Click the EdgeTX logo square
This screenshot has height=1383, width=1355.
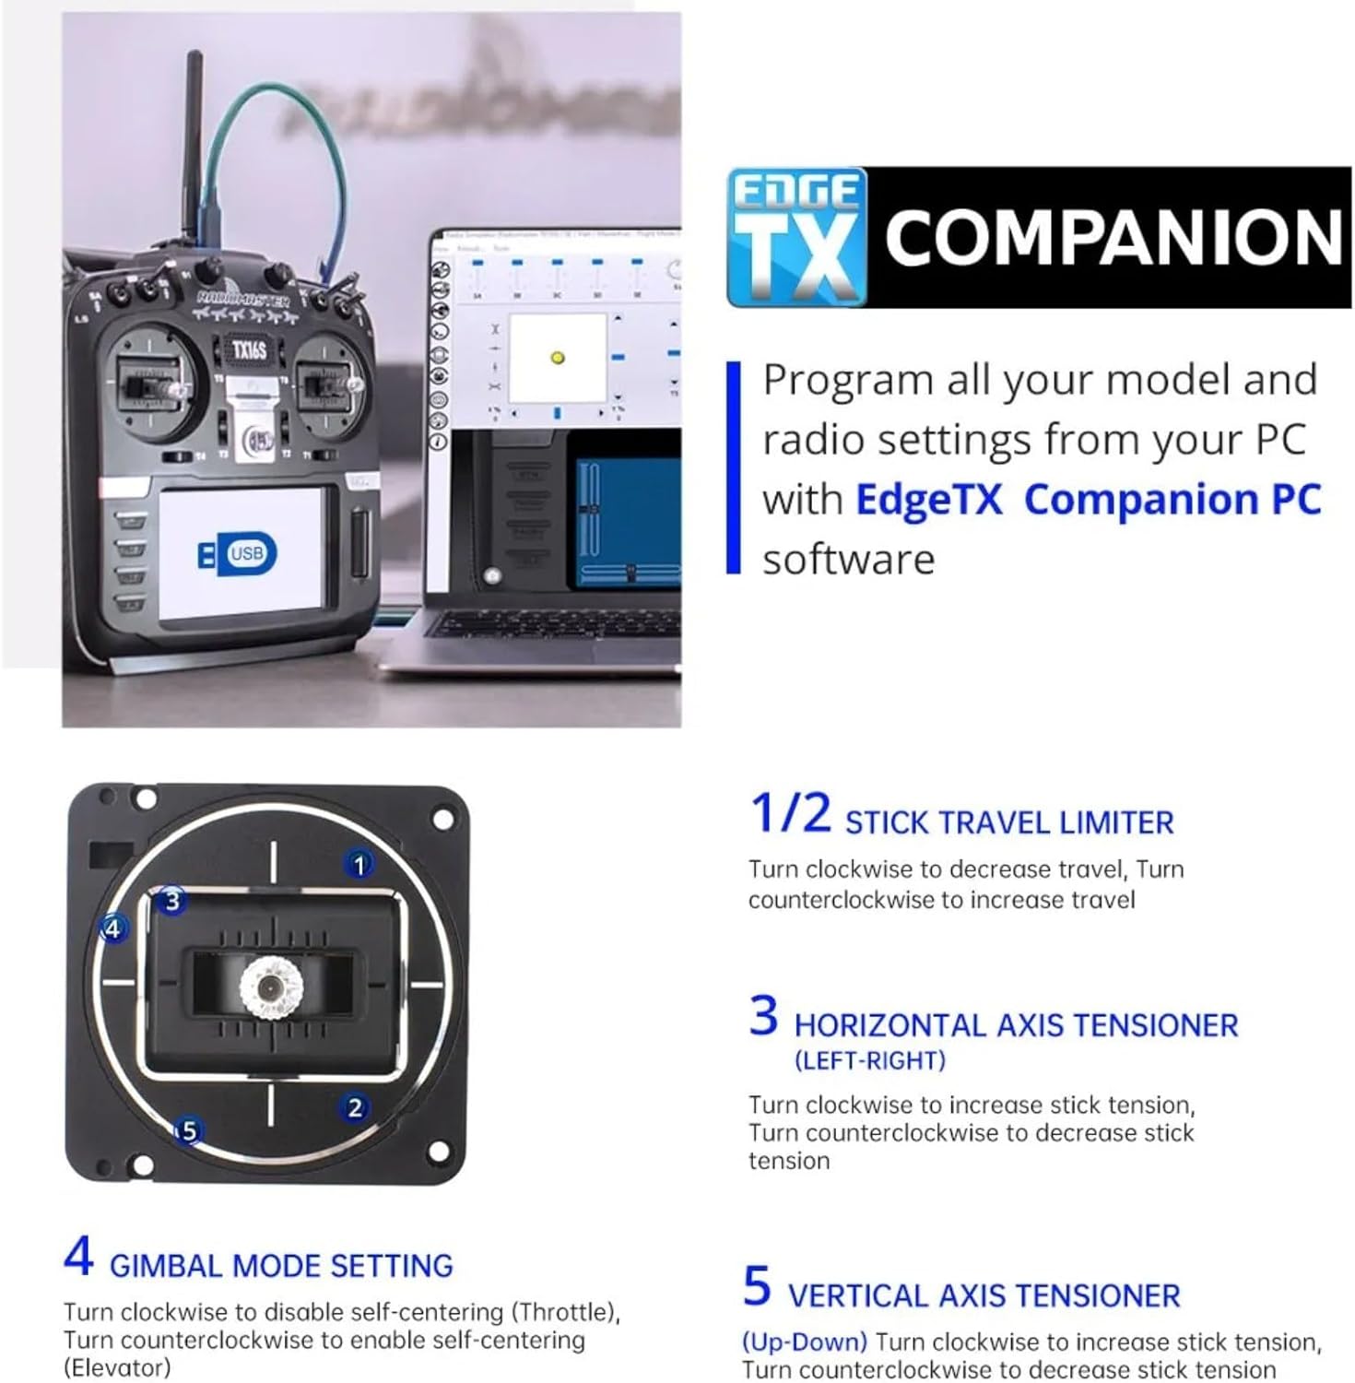tap(797, 237)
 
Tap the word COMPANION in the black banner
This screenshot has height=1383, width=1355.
tap(1113, 238)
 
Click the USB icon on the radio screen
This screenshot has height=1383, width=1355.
tap(238, 553)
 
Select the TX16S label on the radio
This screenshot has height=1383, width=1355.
tap(249, 350)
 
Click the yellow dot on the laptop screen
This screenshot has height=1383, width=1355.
tap(557, 358)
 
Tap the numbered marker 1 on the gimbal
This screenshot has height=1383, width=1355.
tap(359, 865)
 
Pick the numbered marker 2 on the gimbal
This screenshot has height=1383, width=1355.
tap(355, 1107)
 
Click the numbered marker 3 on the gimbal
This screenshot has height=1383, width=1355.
tap(172, 901)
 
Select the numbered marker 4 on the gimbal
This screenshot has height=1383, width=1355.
tap(112, 928)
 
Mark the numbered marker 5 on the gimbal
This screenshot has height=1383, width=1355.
tap(189, 1130)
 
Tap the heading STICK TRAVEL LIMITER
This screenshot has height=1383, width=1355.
tap(1009, 822)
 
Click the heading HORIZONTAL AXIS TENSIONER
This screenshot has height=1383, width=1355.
tap(1016, 1025)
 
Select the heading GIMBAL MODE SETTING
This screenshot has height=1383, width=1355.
tap(281, 1266)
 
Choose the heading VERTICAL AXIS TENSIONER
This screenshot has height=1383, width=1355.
tap(984, 1295)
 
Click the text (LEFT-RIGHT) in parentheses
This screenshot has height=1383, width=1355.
tap(870, 1060)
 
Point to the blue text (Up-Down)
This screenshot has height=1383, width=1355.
tap(805, 1342)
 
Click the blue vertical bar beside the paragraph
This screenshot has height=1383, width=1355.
tap(734, 467)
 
